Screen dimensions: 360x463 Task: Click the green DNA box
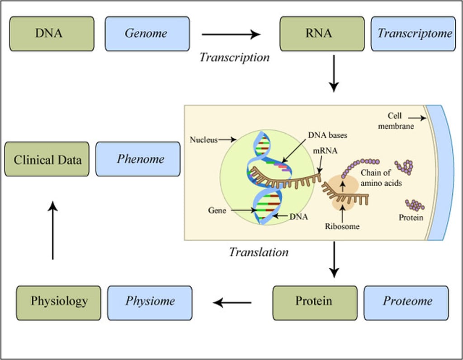pyautogui.click(x=52, y=34)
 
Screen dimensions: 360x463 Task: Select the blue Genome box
pyautogui.click(x=147, y=34)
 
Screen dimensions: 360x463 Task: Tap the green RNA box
pyautogui.click(x=321, y=34)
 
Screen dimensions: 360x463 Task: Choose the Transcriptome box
pyautogui.click(x=413, y=34)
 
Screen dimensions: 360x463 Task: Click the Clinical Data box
pyautogui.click(x=47, y=159)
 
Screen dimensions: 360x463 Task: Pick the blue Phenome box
pyautogui.click(x=138, y=159)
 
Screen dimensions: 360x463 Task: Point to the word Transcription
pyautogui.click(x=234, y=57)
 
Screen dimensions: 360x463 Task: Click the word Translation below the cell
pyautogui.click(x=259, y=252)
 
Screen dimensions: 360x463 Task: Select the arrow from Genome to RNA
pyautogui.click(x=231, y=34)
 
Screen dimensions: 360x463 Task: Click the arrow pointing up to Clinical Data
pyautogui.click(x=53, y=230)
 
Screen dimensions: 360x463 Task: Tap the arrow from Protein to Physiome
pyautogui.click(x=232, y=302)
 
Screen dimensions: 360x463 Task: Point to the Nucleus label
pyautogui.click(x=203, y=140)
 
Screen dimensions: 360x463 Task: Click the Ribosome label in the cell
pyautogui.click(x=342, y=226)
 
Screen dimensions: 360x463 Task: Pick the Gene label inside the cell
pyautogui.click(x=217, y=210)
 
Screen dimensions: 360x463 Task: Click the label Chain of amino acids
pyautogui.click(x=381, y=178)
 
